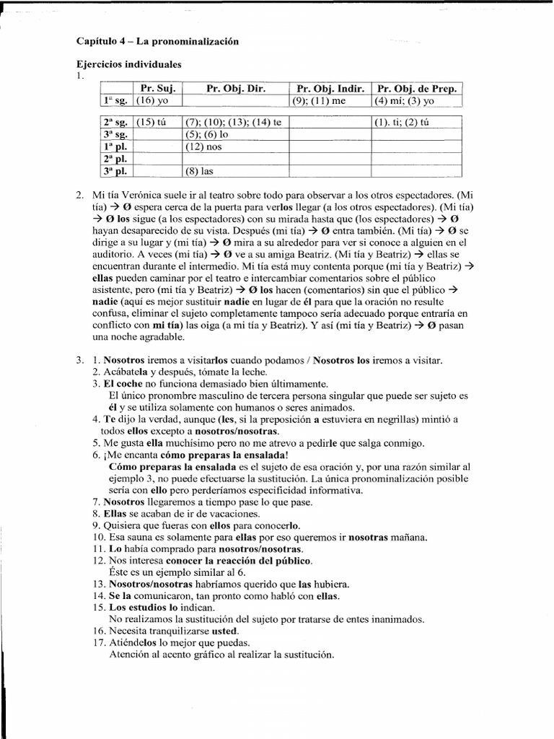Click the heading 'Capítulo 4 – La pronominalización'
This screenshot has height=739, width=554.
pyautogui.click(x=157, y=42)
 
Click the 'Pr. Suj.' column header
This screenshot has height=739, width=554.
pyautogui.click(x=157, y=89)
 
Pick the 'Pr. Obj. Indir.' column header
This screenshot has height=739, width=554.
pyautogui.click(x=330, y=89)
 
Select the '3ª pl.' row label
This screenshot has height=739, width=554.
pyautogui.click(x=115, y=171)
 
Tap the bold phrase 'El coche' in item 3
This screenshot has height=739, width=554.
pyautogui.click(x=124, y=384)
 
